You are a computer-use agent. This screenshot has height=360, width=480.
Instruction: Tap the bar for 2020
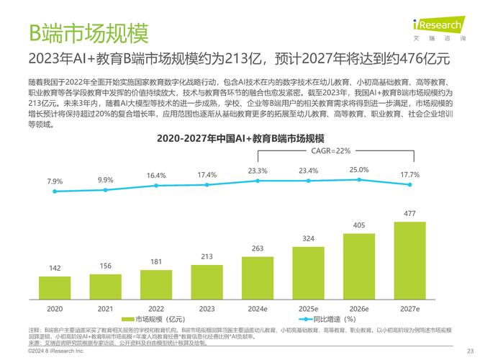pos(55,287)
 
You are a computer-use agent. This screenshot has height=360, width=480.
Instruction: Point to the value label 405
pos(358,225)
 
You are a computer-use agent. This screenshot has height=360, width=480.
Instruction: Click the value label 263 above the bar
pos(258,249)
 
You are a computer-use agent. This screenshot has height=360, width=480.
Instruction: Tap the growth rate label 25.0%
pos(358,170)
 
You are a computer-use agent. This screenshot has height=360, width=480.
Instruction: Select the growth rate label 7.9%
pos(55,181)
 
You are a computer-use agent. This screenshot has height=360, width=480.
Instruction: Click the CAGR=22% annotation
pos(330,151)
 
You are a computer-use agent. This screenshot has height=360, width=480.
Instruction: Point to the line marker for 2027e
pos(409,184)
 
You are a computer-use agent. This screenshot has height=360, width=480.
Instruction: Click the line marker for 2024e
pos(258,181)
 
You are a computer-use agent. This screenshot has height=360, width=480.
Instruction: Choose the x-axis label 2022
pos(156,308)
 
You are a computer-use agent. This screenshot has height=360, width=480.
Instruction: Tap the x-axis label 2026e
pos(358,308)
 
